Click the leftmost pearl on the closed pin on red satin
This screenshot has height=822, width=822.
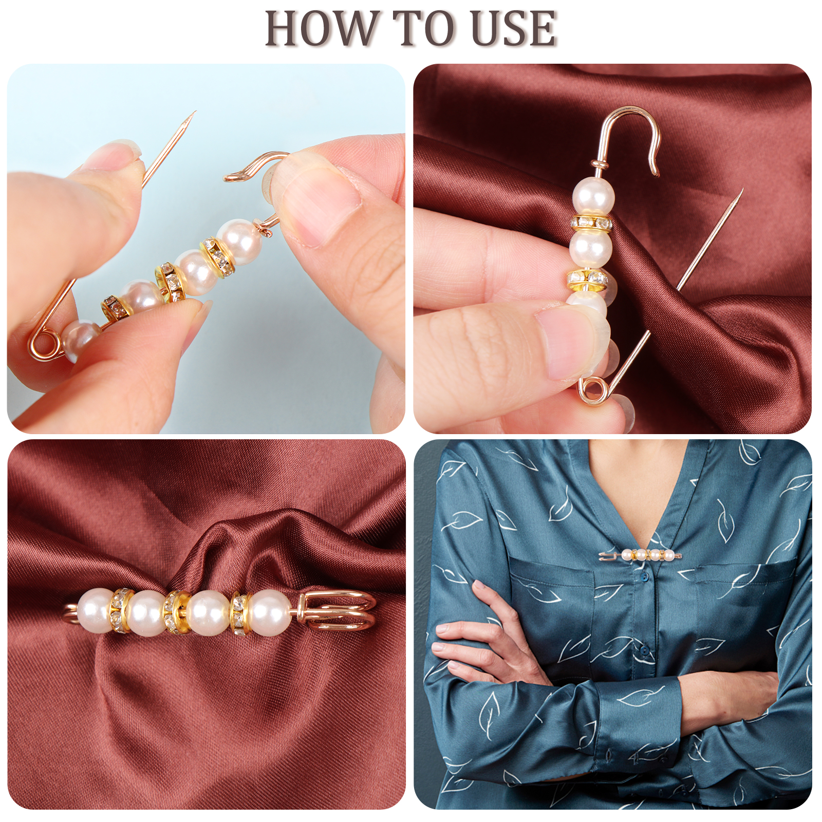tap(95, 609)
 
